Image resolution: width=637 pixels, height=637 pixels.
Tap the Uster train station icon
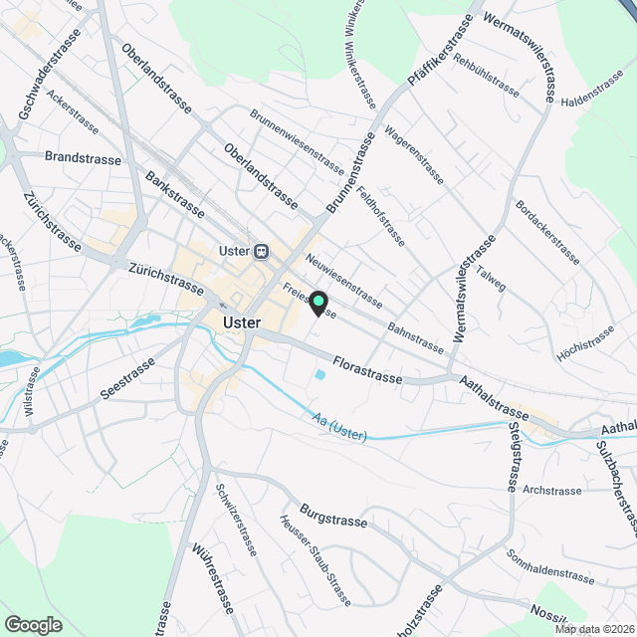pyautogui.click(x=262, y=251)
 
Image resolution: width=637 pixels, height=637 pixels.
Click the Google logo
pyautogui.click(x=33, y=624)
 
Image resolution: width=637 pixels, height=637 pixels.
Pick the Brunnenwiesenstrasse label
pyautogui.click(x=296, y=140)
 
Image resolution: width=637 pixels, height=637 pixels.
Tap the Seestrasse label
pyautogui.click(x=129, y=379)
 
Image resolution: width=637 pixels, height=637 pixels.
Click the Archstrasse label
pyautogui.click(x=551, y=491)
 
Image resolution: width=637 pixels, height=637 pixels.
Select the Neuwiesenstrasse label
pyautogui.click(x=344, y=281)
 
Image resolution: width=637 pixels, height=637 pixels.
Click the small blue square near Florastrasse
pyautogui.click(x=318, y=375)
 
